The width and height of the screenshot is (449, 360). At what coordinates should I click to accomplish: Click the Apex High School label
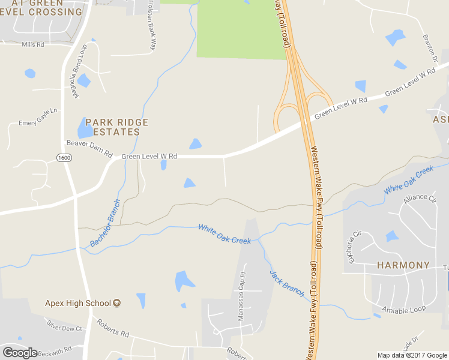[x=78, y=303]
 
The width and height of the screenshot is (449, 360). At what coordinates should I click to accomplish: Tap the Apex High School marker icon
[x=117, y=303]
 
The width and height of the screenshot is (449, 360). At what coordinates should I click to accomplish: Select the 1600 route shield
[x=64, y=157]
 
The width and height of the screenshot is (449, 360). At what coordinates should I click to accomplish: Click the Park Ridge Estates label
[x=116, y=127]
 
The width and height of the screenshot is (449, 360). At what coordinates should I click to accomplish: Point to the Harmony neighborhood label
[x=403, y=265]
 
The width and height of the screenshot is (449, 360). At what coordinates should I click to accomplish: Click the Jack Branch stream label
[x=287, y=282]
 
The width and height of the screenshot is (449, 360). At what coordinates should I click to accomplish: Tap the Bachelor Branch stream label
[x=106, y=223]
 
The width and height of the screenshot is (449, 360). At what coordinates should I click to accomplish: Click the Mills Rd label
[x=33, y=45]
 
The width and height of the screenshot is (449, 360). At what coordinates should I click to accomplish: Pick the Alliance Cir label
[x=420, y=198]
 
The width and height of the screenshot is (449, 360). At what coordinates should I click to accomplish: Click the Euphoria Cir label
[x=352, y=245]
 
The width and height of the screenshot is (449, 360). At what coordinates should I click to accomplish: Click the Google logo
[x=20, y=353]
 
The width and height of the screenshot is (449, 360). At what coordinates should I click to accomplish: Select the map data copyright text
[x=412, y=355]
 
